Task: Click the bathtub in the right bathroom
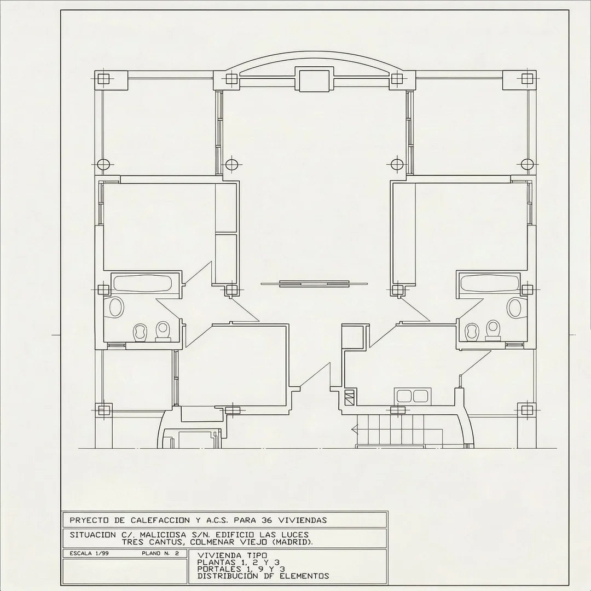click(x=489, y=283)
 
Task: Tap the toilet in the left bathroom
click(x=163, y=331)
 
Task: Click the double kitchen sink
click(x=411, y=396)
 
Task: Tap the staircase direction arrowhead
click(x=354, y=429)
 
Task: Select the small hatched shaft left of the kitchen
click(x=350, y=398)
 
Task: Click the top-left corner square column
click(x=103, y=79)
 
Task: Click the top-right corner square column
click(x=528, y=79)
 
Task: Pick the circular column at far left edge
click(x=103, y=164)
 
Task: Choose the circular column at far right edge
click(x=528, y=164)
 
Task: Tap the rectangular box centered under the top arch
click(x=314, y=79)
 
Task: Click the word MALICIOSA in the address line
click(x=167, y=535)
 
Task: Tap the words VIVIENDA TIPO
click(x=233, y=555)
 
